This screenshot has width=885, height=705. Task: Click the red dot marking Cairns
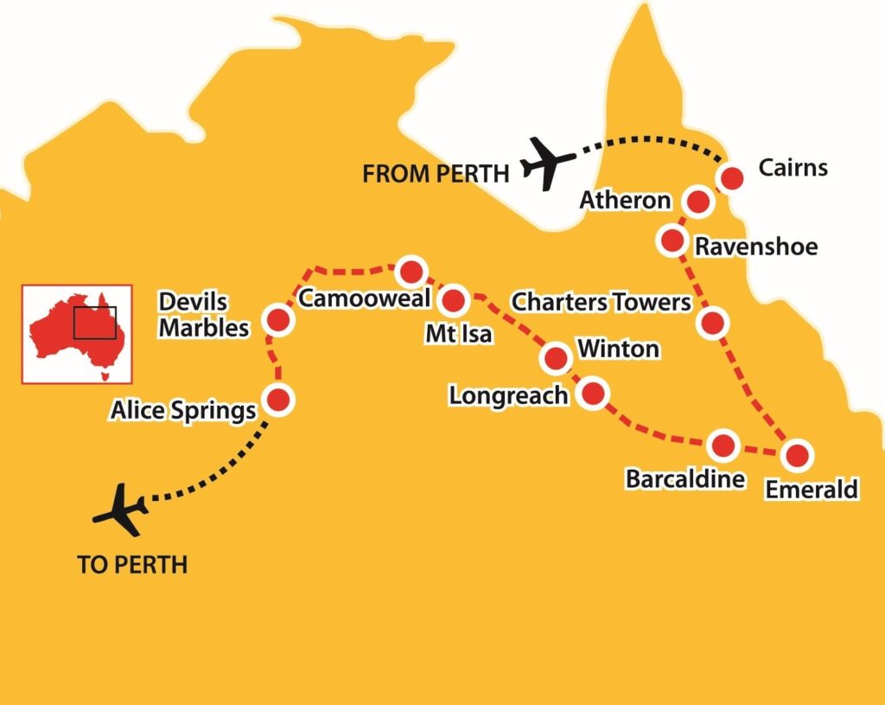click(731, 178)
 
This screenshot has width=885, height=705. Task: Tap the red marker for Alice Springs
click(278, 400)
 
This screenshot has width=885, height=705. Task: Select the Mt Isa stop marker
click(454, 301)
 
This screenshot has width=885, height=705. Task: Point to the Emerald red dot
click(796, 454)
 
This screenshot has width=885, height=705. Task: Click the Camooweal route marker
click(409, 271)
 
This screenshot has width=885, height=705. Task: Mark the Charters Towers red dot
click(711, 324)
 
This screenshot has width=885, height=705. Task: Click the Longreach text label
click(509, 395)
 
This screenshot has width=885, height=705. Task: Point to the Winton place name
click(618, 349)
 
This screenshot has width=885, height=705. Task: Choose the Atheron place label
click(626, 201)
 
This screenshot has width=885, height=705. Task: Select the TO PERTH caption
click(132, 566)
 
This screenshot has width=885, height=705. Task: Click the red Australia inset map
click(77, 334)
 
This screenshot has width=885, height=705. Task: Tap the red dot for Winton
click(555, 356)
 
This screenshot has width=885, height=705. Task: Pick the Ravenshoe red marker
click(672, 239)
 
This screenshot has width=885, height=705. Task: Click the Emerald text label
click(812, 490)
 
